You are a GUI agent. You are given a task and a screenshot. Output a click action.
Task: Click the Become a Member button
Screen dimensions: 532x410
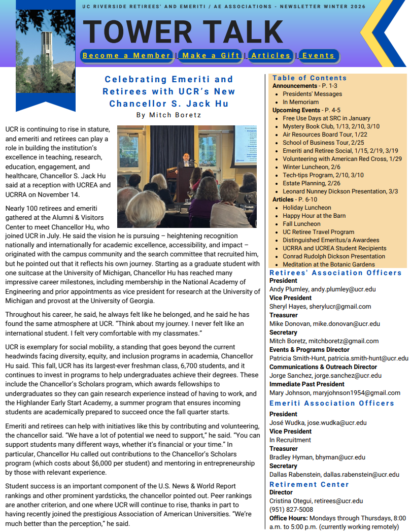(126, 56)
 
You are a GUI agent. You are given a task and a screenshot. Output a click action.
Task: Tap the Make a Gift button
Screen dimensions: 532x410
(211, 56)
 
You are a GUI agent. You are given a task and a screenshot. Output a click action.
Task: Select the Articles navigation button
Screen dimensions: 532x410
(271, 56)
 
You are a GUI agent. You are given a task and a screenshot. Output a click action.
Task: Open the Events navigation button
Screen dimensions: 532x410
(318, 56)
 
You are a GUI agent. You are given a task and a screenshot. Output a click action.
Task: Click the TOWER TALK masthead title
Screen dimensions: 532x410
(183, 31)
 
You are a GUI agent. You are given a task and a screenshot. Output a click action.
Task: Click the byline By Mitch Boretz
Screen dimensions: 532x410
(168, 115)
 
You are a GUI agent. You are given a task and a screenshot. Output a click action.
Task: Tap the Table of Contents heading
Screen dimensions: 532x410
(310, 78)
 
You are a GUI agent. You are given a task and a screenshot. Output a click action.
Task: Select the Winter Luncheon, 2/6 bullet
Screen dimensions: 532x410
(305, 167)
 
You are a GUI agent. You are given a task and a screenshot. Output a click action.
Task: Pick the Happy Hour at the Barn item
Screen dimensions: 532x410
(314, 216)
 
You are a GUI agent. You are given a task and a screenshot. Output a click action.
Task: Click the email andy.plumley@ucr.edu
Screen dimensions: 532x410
(343, 289)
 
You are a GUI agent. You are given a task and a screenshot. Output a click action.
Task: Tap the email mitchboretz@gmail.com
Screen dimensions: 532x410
(347, 341)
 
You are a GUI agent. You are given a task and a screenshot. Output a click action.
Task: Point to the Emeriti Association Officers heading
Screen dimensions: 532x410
(331, 403)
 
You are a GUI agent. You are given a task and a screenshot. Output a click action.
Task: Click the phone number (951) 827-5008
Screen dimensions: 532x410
(291, 510)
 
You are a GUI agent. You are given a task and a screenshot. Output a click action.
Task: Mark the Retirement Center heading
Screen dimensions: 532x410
(309, 484)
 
